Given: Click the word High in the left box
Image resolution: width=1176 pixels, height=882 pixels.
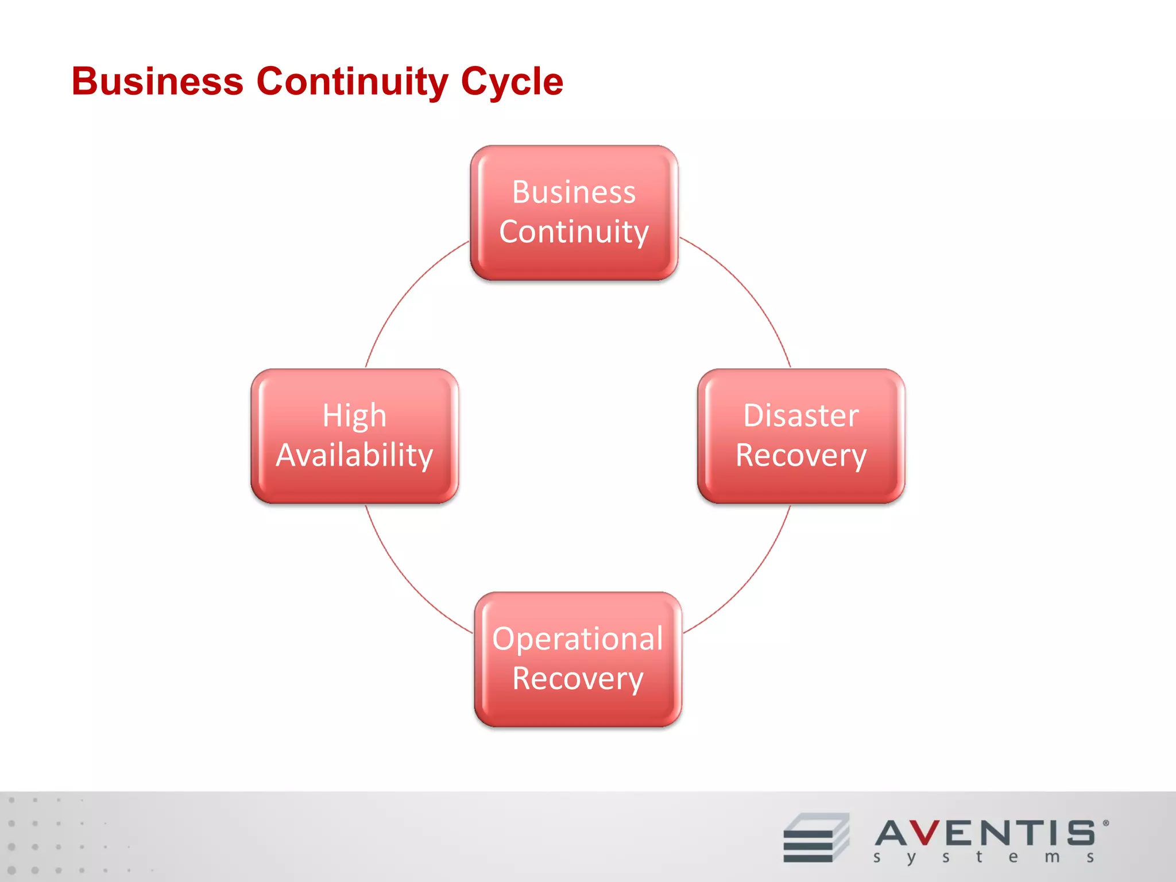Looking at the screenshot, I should (x=354, y=416).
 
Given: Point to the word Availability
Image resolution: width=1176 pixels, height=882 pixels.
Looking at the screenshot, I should (x=354, y=455).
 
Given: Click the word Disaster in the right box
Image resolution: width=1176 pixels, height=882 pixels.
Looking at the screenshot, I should (x=801, y=415).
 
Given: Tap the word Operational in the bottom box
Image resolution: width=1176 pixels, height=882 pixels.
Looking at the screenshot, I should (x=578, y=639).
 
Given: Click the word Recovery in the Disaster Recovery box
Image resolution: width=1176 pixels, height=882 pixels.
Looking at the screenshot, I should (x=801, y=455).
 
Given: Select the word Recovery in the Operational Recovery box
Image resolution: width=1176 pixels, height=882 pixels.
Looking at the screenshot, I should (x=578, y=679).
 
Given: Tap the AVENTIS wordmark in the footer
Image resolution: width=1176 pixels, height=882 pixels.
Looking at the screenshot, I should (x=985, y=833).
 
